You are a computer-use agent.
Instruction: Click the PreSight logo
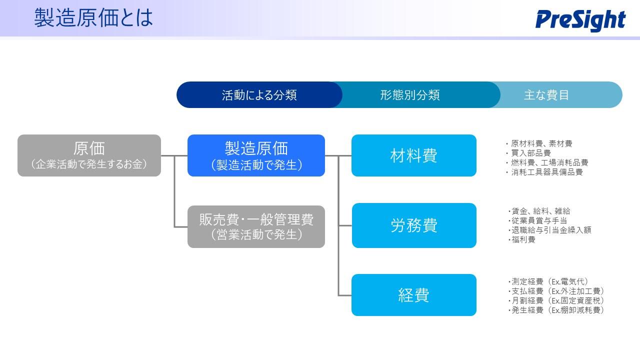[x=580, y=20]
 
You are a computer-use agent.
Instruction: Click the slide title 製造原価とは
[x=93, y=17]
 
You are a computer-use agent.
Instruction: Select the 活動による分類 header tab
[x=259, y=95]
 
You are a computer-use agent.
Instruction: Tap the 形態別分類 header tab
[x=409, y=95]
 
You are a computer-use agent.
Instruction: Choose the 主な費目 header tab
[x=546, y=95]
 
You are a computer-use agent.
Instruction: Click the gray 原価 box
[x=89, y=155]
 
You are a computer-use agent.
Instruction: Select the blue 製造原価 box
[x=256, y=155]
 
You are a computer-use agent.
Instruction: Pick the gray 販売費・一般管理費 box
[x=256, y=226]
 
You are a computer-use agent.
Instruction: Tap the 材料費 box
[x=414, y=155]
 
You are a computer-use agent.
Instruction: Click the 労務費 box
[x=414, y=225]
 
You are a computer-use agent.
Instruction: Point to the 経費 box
[x=414, y=295]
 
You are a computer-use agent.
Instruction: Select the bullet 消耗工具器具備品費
[x=544, y=172]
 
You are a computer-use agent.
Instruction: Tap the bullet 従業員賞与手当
[x=537, y=220]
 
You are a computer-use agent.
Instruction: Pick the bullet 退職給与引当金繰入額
[x=549, y=230]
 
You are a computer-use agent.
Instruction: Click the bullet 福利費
[x=521, y=239]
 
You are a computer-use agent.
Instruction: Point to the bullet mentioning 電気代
[x=548, y=281]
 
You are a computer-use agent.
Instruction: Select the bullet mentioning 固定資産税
[x=556, y=300]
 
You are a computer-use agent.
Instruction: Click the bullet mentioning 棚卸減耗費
[x=556, y=310]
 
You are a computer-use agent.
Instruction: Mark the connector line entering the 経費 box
[x=345, y=295]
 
